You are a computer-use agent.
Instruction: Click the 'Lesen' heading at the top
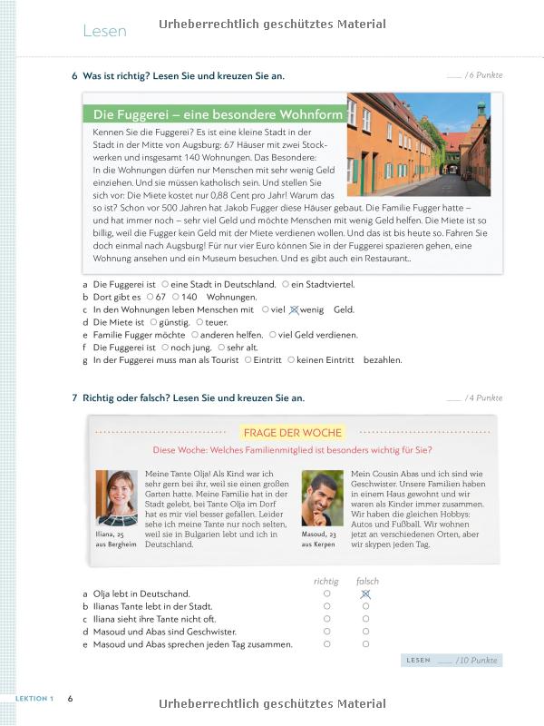(104, 32)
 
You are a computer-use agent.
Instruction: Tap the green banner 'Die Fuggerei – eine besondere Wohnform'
(218, 115)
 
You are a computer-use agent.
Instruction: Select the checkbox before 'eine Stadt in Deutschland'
(164, 284)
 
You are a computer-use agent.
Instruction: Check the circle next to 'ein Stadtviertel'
(285, 284)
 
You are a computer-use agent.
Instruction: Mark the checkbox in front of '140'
(175, 297)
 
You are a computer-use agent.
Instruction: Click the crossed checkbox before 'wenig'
(293, 309)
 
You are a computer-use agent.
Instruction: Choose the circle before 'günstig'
(153, 322)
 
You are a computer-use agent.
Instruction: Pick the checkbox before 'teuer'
(199, 322)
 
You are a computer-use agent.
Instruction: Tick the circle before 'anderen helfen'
(195, 335)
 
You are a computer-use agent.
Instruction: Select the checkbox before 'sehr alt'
(219, 348)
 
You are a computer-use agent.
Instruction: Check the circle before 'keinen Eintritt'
(291, 360)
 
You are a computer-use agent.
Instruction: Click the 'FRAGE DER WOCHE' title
(291, 433)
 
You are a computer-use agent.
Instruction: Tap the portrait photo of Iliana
(117, 498)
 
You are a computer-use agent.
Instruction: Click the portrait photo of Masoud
(322, 498)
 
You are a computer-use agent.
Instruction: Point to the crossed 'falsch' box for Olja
(365, 594)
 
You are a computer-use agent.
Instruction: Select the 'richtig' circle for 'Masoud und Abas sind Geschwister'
(326, 632)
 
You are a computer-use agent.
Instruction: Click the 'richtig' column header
(326, 581)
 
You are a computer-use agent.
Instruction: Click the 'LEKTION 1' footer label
(34, 698)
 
